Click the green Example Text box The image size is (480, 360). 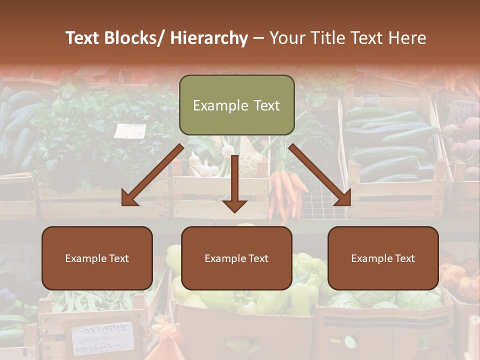tap(236, 105)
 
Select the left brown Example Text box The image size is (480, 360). tap(97, 258)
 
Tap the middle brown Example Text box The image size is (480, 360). tap(236, 258)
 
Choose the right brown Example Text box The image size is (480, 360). tap(383, 258)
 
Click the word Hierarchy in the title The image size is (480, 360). tap(208, 38)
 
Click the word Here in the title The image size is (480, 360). tap(407, 38)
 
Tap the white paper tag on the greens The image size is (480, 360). tap(129, 131)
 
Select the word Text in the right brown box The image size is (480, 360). tap(403, 258)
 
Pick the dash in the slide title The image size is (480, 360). tap(258, 38)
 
